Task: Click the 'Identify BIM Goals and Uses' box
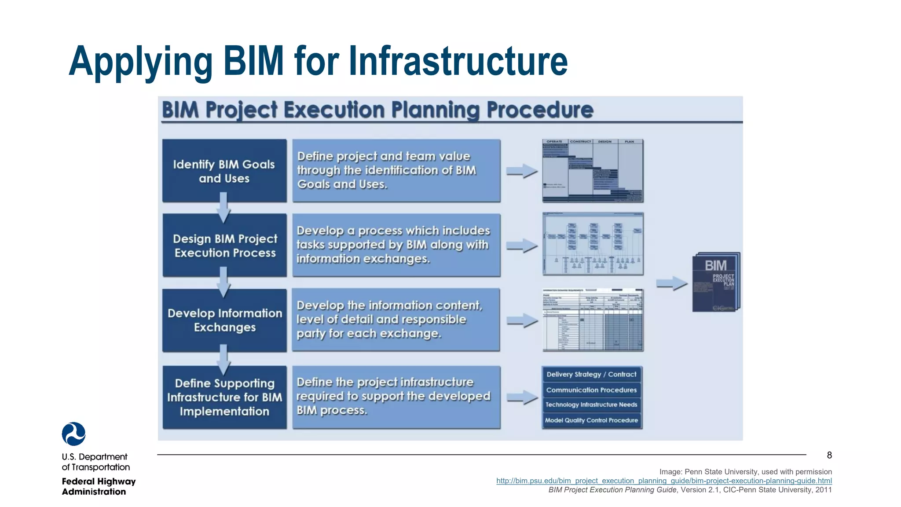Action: (224, 171)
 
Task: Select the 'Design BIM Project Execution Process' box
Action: (224, 246)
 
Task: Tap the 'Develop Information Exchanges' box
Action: (224, 320)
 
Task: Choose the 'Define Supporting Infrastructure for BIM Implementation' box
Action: (224, 397)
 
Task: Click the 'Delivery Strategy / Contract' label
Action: (591, 375)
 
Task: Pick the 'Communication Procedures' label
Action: (591, 390)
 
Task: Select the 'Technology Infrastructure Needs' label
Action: (591, 405)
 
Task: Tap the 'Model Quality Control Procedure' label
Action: (591, 420)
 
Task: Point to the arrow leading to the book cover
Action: (671, 284)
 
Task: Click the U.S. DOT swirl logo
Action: (74, 434)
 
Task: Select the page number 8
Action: (829, 456)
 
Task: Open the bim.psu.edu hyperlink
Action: (664, 481)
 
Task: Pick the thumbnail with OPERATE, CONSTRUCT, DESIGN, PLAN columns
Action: (593, 171)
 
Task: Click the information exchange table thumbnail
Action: (593, 320)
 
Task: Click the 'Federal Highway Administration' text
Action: (99, 486)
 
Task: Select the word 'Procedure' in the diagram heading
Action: (540, 110)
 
